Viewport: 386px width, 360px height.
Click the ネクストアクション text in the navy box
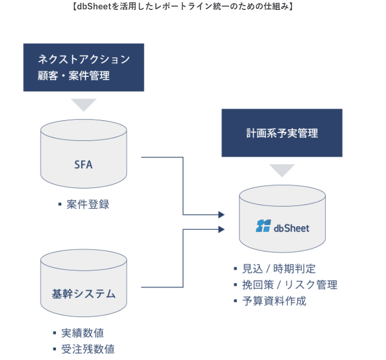tap(84, 59)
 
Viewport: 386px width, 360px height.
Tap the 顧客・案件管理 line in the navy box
tap(74, 75)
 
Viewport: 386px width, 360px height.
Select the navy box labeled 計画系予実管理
tap(282, 133)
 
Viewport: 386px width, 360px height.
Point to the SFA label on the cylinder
tap(83, 164)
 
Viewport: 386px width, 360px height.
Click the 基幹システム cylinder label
tap(83, 294)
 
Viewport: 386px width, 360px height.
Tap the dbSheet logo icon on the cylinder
tap(263, 226)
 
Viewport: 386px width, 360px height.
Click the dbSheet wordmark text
tap(291, 228)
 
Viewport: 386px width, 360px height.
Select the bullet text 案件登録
tap(88, 204)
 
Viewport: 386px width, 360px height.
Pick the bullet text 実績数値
tap(83, 333)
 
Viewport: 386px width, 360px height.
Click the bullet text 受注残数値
tap(88, 349)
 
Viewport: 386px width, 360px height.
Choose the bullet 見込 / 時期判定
tap(279, 269)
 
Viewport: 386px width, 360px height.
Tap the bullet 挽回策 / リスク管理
tap(289, 285)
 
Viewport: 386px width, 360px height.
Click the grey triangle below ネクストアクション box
tap(83, 104)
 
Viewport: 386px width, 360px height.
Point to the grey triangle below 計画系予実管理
tap(282, 169)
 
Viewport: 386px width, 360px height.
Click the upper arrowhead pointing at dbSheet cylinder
tap(221, 215)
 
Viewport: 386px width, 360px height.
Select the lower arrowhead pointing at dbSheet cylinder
tap(221, 229)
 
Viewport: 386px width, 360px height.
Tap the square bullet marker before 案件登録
tap(60, 204)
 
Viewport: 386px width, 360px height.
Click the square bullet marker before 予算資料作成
tap(236, 301)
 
